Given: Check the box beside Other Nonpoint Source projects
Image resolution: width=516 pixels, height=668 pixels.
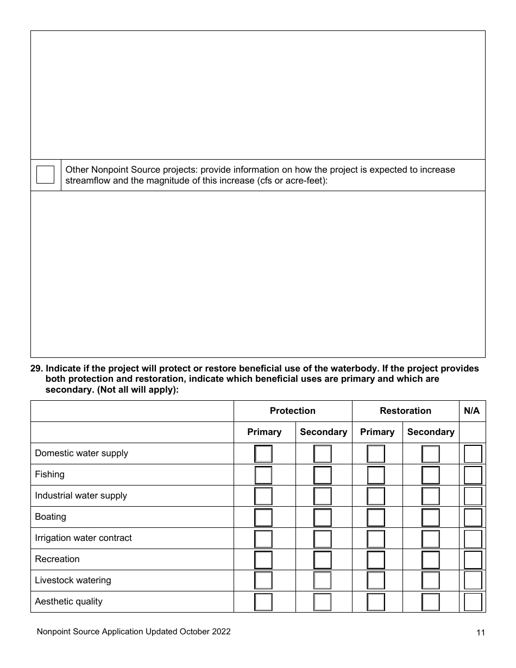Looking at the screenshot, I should tap(45, 175).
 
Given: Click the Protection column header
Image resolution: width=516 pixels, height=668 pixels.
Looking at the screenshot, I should tap(292, 411).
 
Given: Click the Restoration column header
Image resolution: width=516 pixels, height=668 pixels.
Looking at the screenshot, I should tap(405, 411).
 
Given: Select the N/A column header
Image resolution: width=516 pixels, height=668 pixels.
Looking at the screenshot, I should tap(472, 411).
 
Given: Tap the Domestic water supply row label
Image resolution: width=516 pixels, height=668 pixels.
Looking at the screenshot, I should tap(81, 453).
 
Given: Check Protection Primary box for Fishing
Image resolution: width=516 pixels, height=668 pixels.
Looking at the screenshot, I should tap(263, 475).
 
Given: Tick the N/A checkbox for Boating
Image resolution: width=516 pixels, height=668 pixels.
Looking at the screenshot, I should tap(473, 518).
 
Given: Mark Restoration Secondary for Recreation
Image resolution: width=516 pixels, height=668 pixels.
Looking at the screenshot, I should tap(431, 560).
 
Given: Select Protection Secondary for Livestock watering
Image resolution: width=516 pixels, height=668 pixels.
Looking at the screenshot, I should tap(322, 581).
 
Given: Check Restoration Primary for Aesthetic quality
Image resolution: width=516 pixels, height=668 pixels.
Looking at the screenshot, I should tap(376, 602).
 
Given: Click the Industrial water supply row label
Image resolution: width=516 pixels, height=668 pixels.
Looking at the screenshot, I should tap(81, 495).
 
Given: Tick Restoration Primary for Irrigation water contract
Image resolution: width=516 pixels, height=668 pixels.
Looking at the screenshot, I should tap(376, 539).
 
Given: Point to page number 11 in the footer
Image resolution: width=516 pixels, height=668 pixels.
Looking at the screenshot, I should tap(480, 632).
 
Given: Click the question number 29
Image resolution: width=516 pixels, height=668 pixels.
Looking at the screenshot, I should tap(36, 369).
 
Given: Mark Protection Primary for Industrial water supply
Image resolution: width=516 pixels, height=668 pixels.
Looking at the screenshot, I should tap(263, 496).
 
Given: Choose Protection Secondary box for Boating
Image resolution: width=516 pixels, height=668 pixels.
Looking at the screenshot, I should tap(322, 518).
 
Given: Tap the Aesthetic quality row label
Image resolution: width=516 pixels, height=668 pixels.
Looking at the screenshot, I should tap(68, 601).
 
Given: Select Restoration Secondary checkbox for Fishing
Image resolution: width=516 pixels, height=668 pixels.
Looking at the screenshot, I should tap(431, 475).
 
